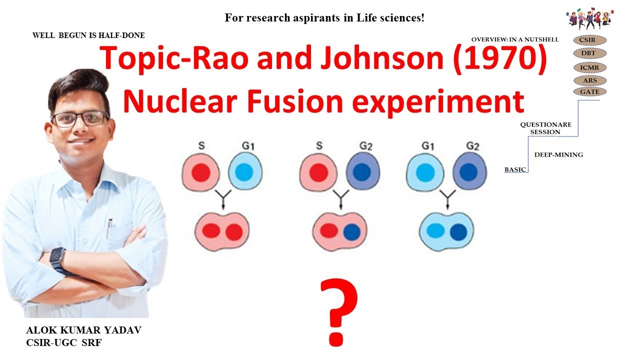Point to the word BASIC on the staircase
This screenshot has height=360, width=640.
pyautogui.click(x=515, y=169)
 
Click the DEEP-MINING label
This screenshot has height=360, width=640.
pyautogui.click(x=558, y=155)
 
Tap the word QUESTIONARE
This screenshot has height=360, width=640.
pyautogui.click(x=545, y=124)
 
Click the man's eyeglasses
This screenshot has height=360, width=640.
pyautogui.click(x=79, y=119)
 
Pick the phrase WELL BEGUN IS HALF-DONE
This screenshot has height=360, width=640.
pyautogui.click(x=88, y=35)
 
